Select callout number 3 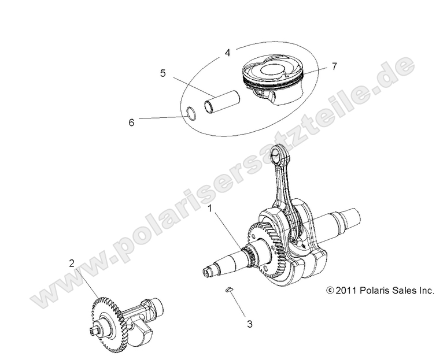[x=249, y=324]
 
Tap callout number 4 [x=228, y=53]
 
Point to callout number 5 [x=163, y=73]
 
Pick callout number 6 [x=131, y=122]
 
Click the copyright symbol [x=330, y=291]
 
